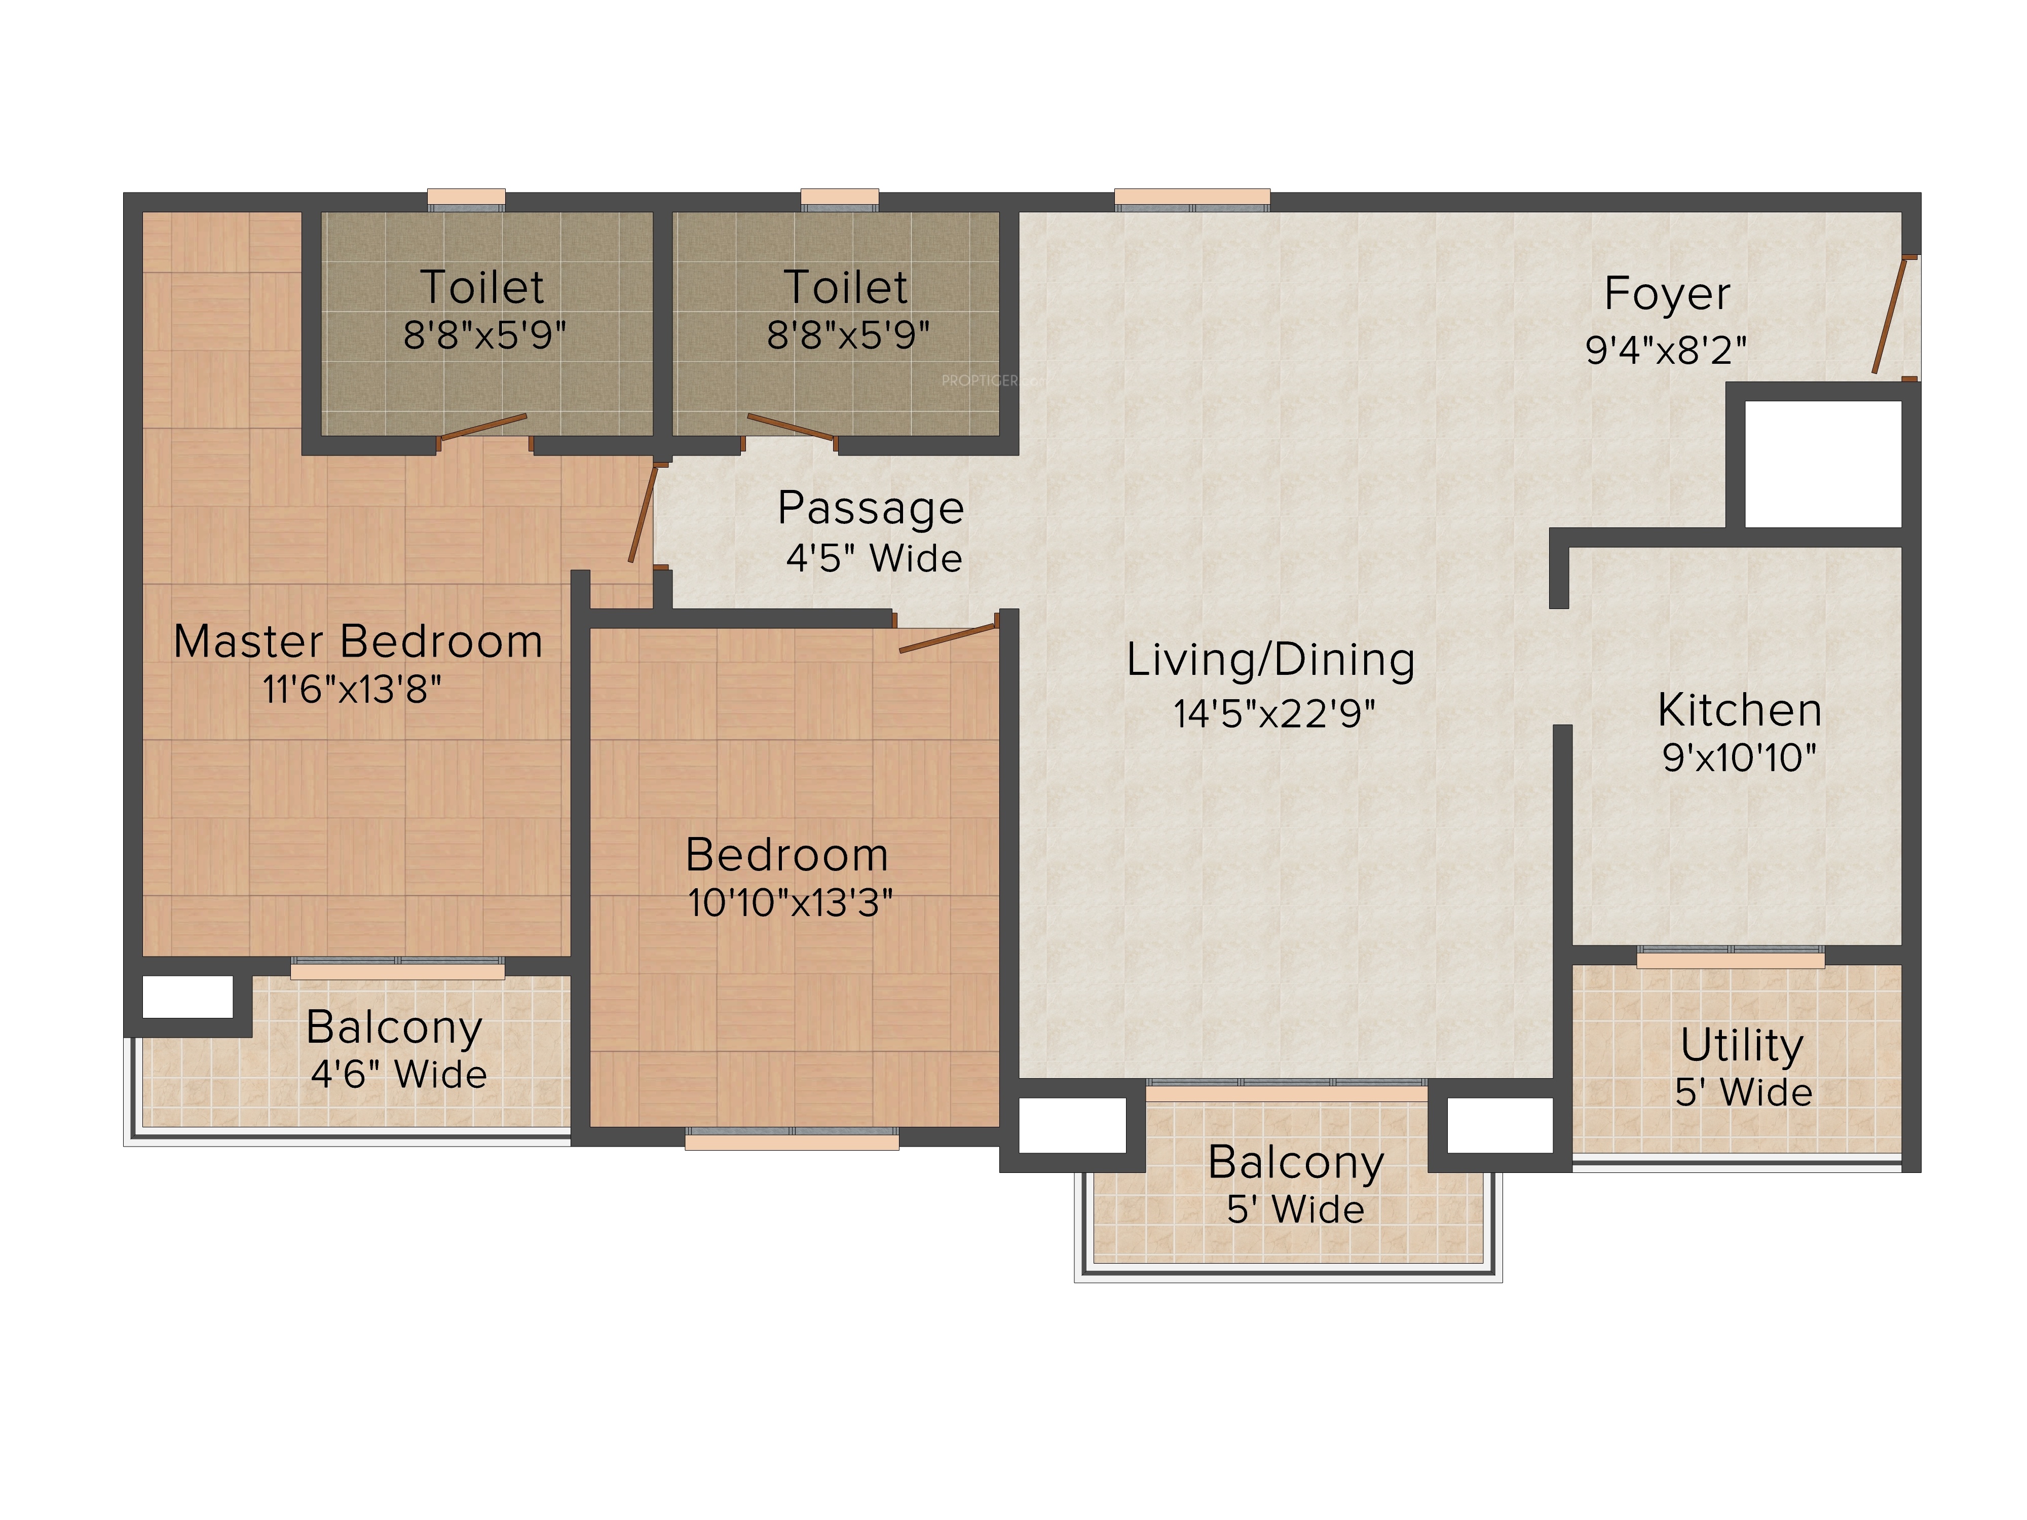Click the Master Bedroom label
click(358, 641)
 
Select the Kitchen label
click(1739, 710)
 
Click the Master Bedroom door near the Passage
click(643, 513)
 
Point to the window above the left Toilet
click(466, 200)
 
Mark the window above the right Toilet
click(839, 200)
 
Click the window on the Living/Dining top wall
click(1192, 200)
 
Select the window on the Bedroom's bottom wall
click(792, 1139)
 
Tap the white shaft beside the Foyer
click(1823, 464)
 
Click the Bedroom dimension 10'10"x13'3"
click(790, 903)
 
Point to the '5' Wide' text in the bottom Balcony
click(1296, 1209)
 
